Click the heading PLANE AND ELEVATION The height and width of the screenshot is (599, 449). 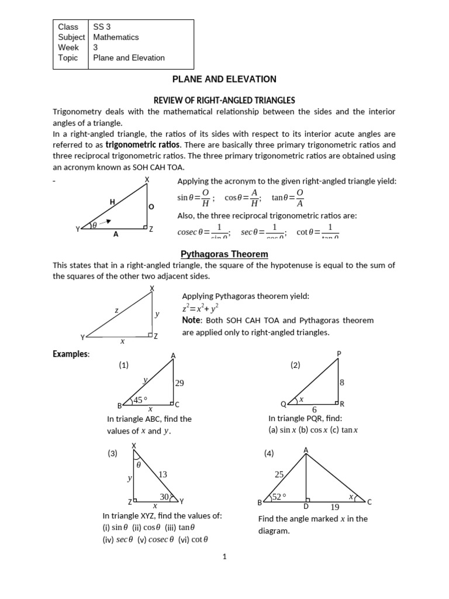click(x=224, y=79)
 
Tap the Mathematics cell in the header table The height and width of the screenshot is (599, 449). click(x=116, y=37)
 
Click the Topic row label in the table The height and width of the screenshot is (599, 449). click(x=68, y=58)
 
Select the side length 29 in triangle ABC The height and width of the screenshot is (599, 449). click(x=179, y=383)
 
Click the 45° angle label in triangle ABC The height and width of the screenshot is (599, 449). click(x=140, y=400)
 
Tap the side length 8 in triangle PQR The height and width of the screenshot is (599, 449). click(x=342, y=383)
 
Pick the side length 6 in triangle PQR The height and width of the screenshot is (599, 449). click(x=314, y=410)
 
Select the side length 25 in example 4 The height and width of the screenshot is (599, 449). click(x=279, y=475)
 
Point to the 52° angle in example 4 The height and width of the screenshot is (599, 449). click(x=279, y=497)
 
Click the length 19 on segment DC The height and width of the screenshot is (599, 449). click(x=335, y=508)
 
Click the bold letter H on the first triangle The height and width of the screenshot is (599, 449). click(x=112, y=202)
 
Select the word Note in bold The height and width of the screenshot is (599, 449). click(x=192, y=321)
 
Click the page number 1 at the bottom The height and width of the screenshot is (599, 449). click(x=224, y=557)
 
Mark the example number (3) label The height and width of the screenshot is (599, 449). click(x=113, y=453)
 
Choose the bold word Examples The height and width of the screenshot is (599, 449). click(x=71, y=354)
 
